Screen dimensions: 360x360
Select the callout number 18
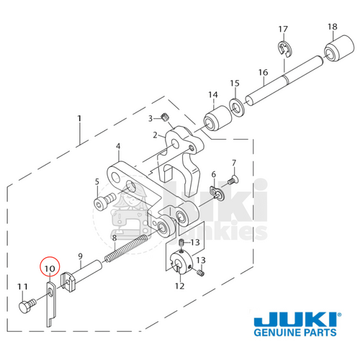[x=332, y=27]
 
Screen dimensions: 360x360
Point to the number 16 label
[x=263, y=73]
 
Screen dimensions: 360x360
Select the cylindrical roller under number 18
[x=332, y=53]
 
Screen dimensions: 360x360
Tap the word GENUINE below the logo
[x=278, y=336]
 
